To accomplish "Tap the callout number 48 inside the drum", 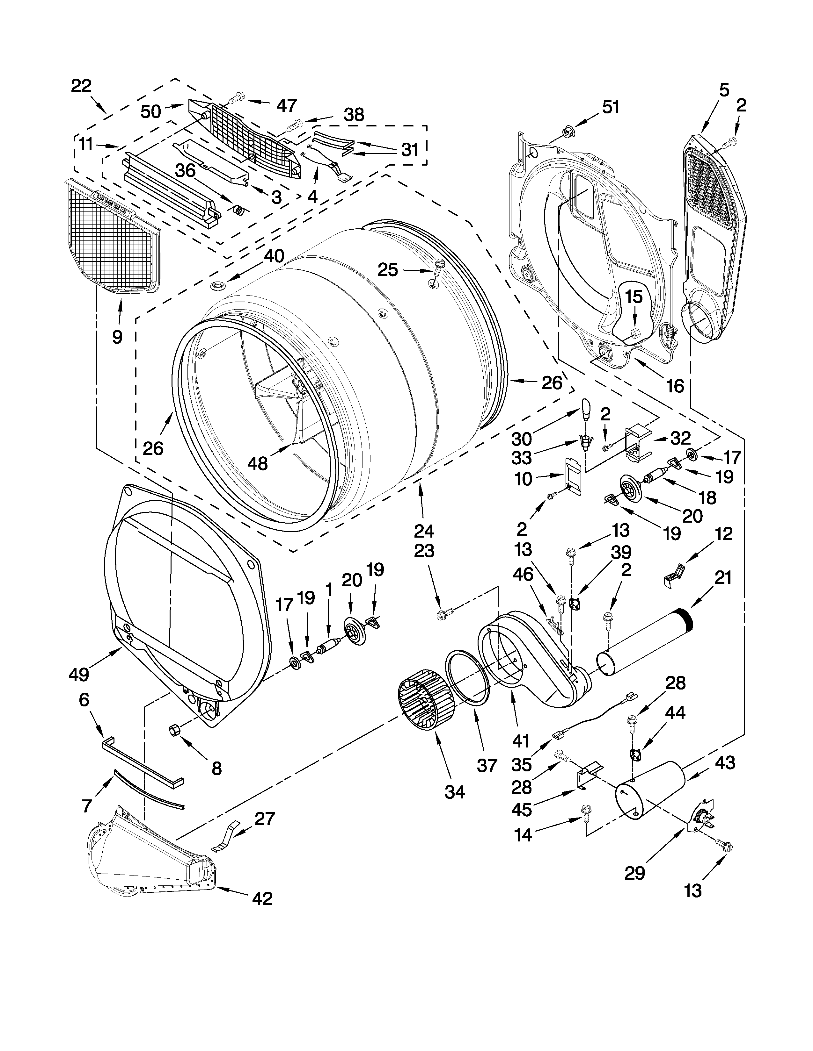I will (257, 463).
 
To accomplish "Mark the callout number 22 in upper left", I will (81, 86).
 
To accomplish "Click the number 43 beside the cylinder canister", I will (725, 763).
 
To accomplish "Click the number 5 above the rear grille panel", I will (724, 90).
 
